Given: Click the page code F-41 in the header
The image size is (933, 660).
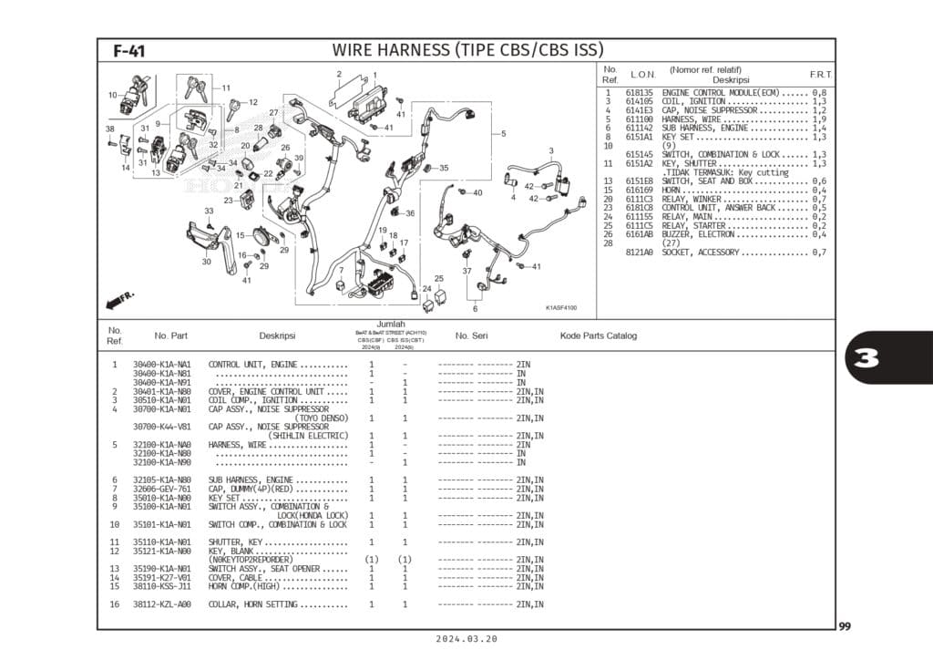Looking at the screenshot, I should (128, 52).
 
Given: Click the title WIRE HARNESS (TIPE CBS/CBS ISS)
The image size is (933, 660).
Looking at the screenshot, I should (467, 50).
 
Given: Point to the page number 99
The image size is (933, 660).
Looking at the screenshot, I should (846, 626).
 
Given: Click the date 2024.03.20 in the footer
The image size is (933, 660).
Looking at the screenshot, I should (466, 640).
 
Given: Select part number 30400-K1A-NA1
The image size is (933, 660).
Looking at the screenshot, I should (161, 365).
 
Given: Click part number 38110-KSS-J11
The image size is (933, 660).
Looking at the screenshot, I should (161, 586).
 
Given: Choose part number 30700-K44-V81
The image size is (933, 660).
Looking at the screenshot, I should (161, 427).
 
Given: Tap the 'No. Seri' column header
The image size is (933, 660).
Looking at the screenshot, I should (471, 335).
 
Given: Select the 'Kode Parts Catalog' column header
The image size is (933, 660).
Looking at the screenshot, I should (598, 335).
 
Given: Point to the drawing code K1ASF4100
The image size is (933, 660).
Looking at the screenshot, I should (561, 307).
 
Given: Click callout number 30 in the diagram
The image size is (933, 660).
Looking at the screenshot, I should (207, 262).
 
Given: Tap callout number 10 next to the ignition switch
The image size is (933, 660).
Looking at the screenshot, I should (112, 95).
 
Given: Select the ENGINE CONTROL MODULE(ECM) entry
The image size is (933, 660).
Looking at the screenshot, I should (720, 93).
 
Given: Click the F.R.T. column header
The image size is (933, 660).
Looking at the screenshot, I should (820, 74).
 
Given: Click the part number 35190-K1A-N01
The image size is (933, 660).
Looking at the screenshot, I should (161, 569).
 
